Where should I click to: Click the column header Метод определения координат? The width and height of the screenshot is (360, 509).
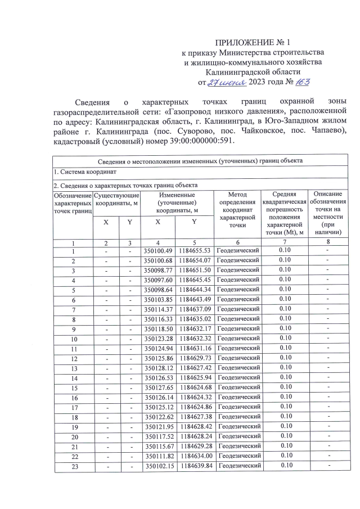[238, 209]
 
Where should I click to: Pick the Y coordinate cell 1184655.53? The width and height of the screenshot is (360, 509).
[194, 251]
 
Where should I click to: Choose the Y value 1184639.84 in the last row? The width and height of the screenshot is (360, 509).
[194, 465]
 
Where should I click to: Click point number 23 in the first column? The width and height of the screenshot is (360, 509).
[74, 465]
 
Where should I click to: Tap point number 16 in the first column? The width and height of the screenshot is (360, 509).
[74, 397]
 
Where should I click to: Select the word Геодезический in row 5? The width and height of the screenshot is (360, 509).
[238, 290]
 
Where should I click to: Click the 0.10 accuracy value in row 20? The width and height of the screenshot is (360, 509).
[285, 436]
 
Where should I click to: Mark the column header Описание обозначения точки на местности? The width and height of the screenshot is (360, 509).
[328, 213]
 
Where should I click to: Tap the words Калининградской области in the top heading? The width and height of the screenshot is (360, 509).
[253, 72]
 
